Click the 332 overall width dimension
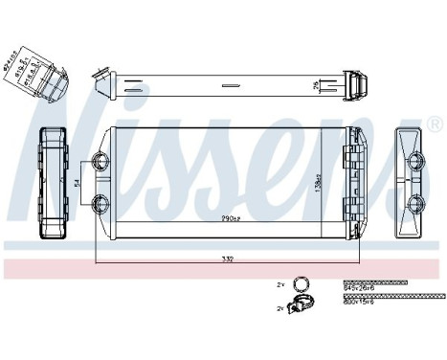point(228,259)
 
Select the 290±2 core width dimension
point(228,219)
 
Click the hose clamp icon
point(302,307)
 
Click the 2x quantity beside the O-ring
point(280,284)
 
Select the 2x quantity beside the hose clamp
point(280,308)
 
